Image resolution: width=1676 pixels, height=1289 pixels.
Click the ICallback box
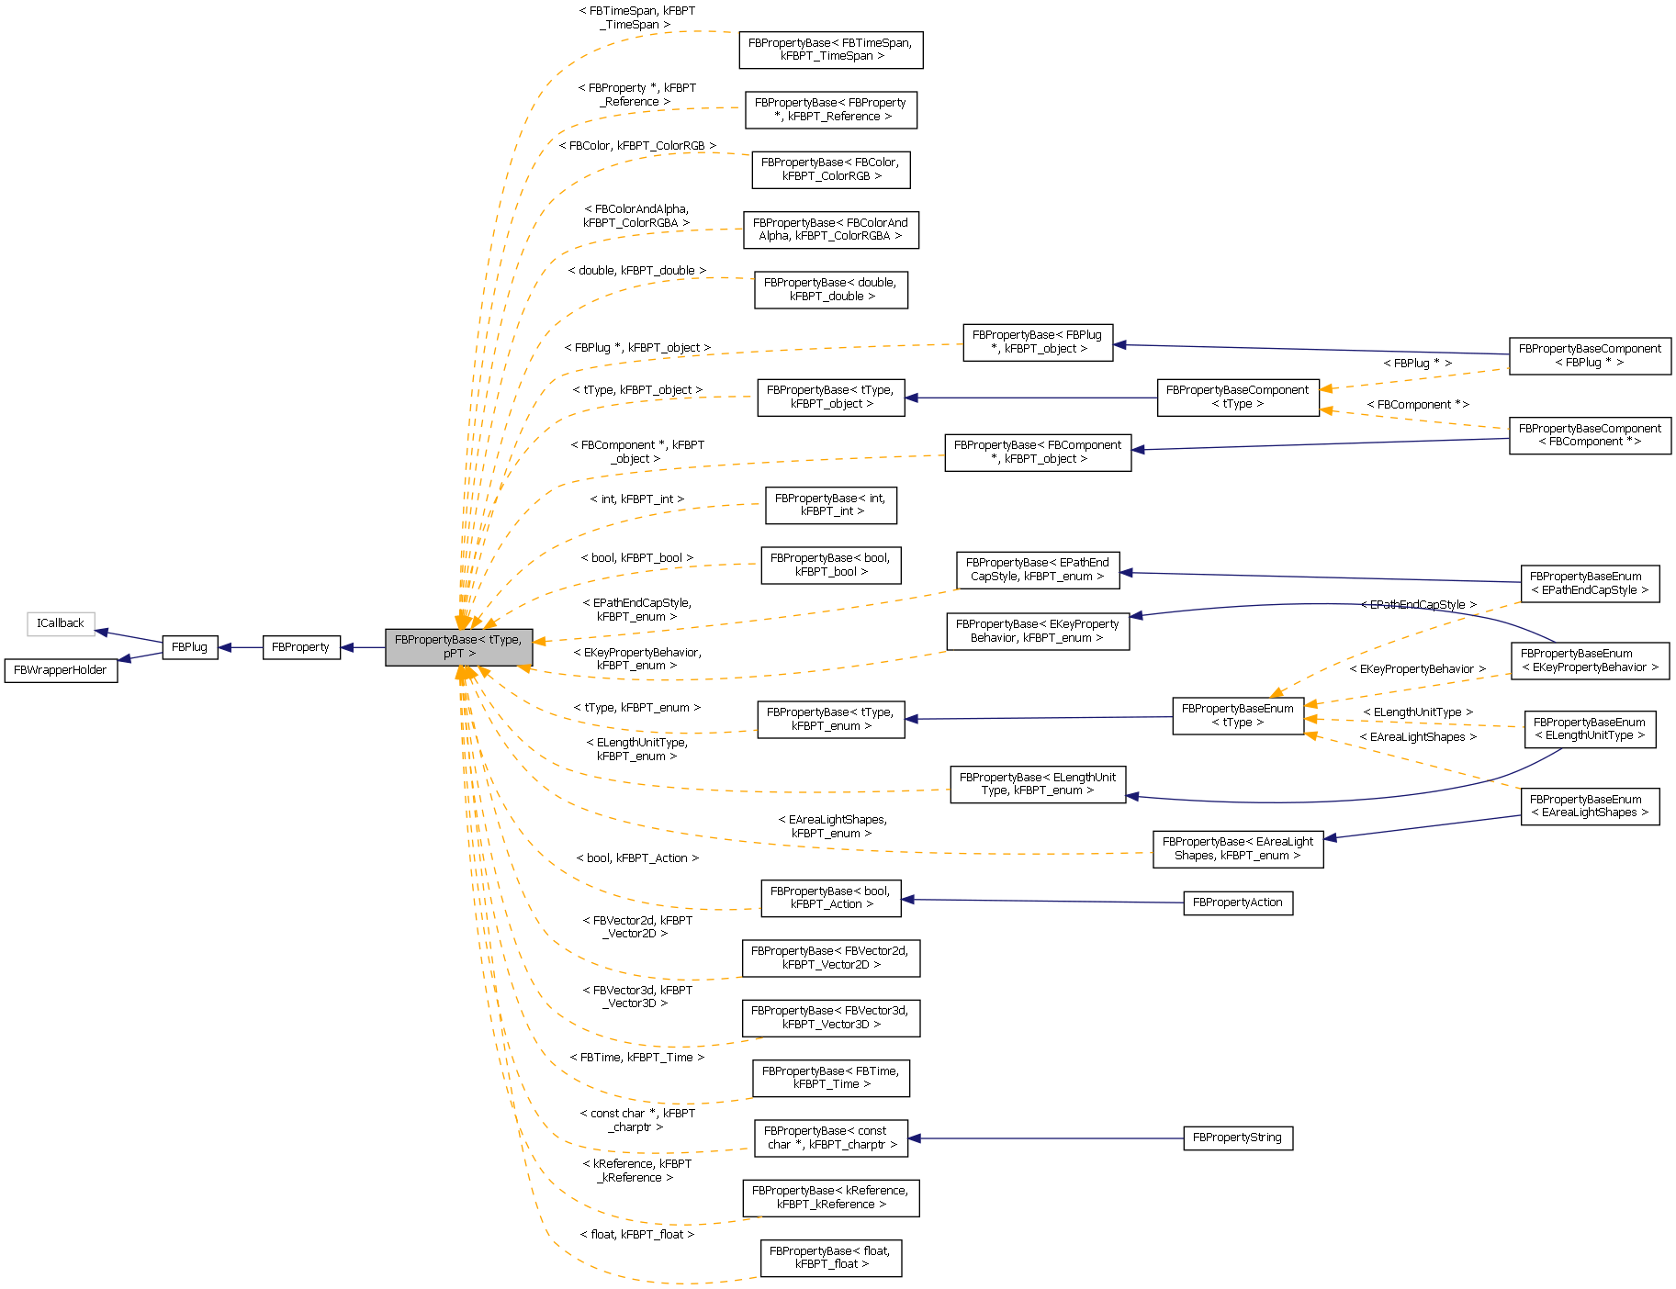tap(61, 623)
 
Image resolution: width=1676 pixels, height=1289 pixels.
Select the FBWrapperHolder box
tap(61, 670)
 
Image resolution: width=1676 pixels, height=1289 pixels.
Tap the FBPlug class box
tap(190, 647)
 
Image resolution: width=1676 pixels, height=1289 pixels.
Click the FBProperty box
tap(300, 647)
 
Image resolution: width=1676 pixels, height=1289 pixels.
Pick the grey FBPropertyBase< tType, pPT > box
tap(458, 647)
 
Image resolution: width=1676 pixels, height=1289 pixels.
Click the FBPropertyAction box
tap(1237, 902)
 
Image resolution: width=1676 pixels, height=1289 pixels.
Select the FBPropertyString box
tap(1237, 1138)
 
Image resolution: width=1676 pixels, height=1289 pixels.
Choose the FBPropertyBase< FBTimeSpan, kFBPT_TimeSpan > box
tap(830, 50)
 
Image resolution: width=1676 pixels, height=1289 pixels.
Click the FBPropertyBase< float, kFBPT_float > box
tap(830, 1258)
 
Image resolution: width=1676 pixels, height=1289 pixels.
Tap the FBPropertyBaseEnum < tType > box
tap(1237, 716)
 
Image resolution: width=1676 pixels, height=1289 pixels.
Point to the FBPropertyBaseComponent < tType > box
tap(1237, 398)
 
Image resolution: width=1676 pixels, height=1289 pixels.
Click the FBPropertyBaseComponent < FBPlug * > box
tap(1589, 356)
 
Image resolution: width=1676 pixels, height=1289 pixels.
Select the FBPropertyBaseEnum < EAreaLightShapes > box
tap(1589, 806)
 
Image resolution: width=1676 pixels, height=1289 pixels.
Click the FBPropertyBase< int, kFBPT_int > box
tap(830, 505)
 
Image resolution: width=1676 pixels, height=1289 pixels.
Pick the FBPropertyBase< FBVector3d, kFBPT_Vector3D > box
tap(830, 1018)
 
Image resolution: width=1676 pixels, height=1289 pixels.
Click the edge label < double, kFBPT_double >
tap(636, 271)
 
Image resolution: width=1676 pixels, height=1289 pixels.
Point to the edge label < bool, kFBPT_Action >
tap(636, 858)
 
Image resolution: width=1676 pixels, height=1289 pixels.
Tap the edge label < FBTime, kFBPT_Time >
tap(636, 1058)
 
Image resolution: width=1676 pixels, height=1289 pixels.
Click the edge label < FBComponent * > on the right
tap(1417, 405)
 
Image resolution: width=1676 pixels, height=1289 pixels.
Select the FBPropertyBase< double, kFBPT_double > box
tap(830, 290)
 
